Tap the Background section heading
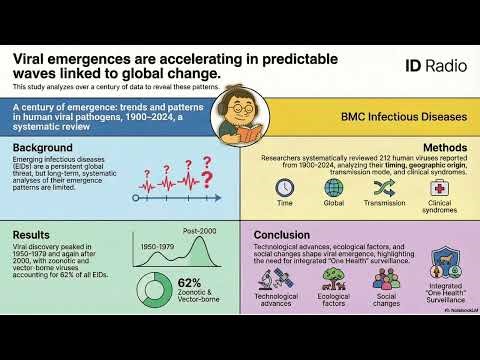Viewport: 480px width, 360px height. click(x=41, y=146)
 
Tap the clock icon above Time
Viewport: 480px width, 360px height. click(x=285, y=188)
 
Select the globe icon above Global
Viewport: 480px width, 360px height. click(x=333, y=188)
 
